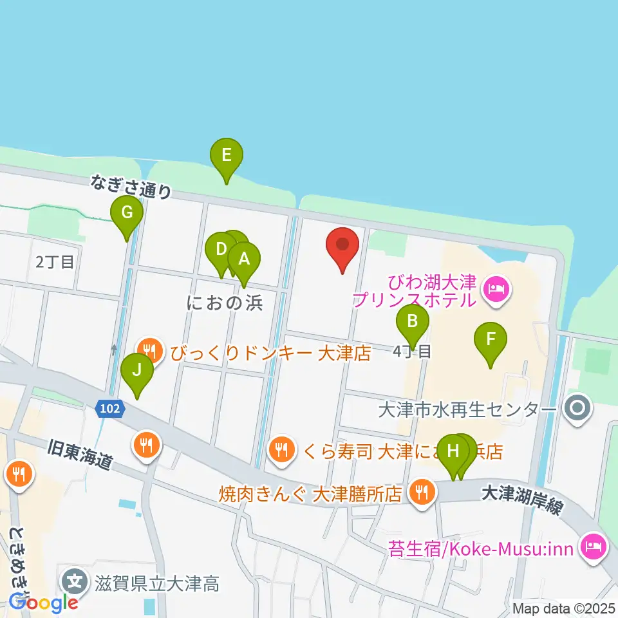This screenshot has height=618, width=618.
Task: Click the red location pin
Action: pos(343,248)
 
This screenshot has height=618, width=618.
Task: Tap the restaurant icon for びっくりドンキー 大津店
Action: pos(151,351)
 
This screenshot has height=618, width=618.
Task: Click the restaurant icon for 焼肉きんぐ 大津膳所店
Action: pos(422,493)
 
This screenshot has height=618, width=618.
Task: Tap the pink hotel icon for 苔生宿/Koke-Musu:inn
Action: pos(591,547)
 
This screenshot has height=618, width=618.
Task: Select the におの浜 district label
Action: pos(225,303)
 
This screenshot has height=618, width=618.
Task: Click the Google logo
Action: pos(43,603)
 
